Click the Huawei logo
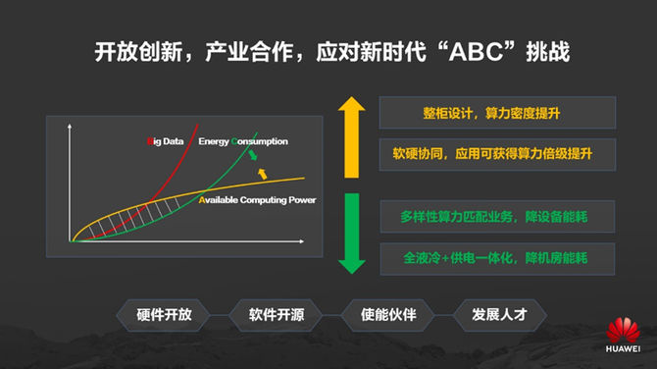coord(623,335)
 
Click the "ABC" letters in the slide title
coord(476,52)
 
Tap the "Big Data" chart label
coord(165,141)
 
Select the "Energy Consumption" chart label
coord(243,141)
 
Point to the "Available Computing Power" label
coord(257,200)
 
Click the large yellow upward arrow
coord(352,137)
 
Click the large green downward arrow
coord(352,234)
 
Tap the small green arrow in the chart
coord(253,155)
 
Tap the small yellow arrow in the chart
coord(262,174)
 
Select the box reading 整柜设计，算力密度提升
coord(497,113)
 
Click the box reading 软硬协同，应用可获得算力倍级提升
coord(497,154)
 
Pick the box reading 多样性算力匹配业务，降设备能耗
coord(497,216)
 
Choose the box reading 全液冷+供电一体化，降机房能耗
coord(497,259)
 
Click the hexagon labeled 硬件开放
coord(164,315)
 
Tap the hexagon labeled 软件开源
coord(277,315)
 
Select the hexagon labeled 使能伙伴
coord(388,315)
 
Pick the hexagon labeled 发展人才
coord(500,315)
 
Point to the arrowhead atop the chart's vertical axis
coord(70,127)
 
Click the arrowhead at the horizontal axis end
coord(302,241)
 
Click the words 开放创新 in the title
coord(138,52)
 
